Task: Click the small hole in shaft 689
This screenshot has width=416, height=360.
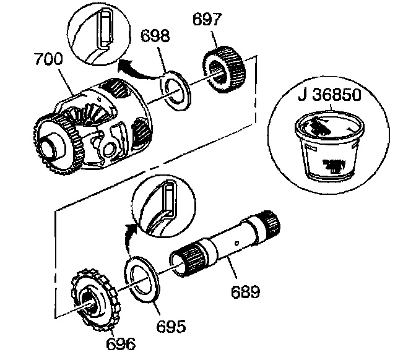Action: (240, 236)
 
